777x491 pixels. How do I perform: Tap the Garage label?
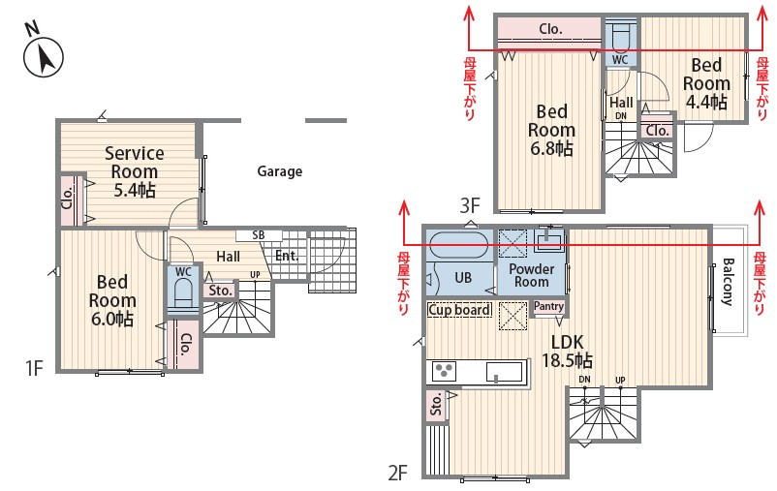(279, 171)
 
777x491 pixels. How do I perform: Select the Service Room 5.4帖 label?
(135, 171)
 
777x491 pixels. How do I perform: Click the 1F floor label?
(35, 368)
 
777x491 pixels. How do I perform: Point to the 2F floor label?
(397, 474)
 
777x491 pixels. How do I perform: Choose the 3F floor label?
(469, 205)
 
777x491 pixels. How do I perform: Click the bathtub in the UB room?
(459, 245)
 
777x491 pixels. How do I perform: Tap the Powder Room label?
(531, 275)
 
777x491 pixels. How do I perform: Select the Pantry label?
(548, 306)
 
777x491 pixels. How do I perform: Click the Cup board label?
(459, 310)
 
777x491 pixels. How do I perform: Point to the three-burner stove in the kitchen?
(444, 371)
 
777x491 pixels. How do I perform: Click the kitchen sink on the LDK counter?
(505, 372)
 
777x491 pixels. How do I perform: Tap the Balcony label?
(728, 282)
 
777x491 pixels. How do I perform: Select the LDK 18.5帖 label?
(567, 351)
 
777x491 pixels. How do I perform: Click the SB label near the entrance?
(258, 235)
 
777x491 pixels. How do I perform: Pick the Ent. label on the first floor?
(287, 256)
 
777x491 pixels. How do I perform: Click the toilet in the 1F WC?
(183, 293)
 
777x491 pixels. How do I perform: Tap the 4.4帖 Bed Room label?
(706, 83)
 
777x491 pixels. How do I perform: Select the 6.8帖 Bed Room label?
(551, 130)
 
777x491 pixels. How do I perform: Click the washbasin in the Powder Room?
(548, 241)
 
